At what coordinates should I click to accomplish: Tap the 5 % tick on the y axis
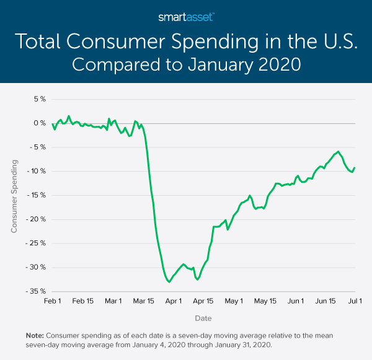pos(39,99)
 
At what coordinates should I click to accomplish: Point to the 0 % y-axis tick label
pos(39,123)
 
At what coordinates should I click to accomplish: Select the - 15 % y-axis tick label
pos(37,195)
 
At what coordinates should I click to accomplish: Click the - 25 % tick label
pos(37,244)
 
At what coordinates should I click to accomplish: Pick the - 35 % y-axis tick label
pos(37,291)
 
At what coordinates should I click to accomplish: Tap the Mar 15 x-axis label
pos(143,301)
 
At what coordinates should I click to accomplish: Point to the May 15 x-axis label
pos(265,301)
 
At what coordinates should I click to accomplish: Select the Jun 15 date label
pos(325,301)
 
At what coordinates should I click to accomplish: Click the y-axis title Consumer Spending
pos(14,195)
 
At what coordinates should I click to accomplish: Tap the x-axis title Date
pos(203,318)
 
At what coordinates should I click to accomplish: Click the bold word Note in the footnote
pos(34,335)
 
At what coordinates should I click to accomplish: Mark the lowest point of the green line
pos(169,282)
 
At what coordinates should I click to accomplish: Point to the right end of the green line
pos(354,167)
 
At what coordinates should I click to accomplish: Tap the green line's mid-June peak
pos(339,151)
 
